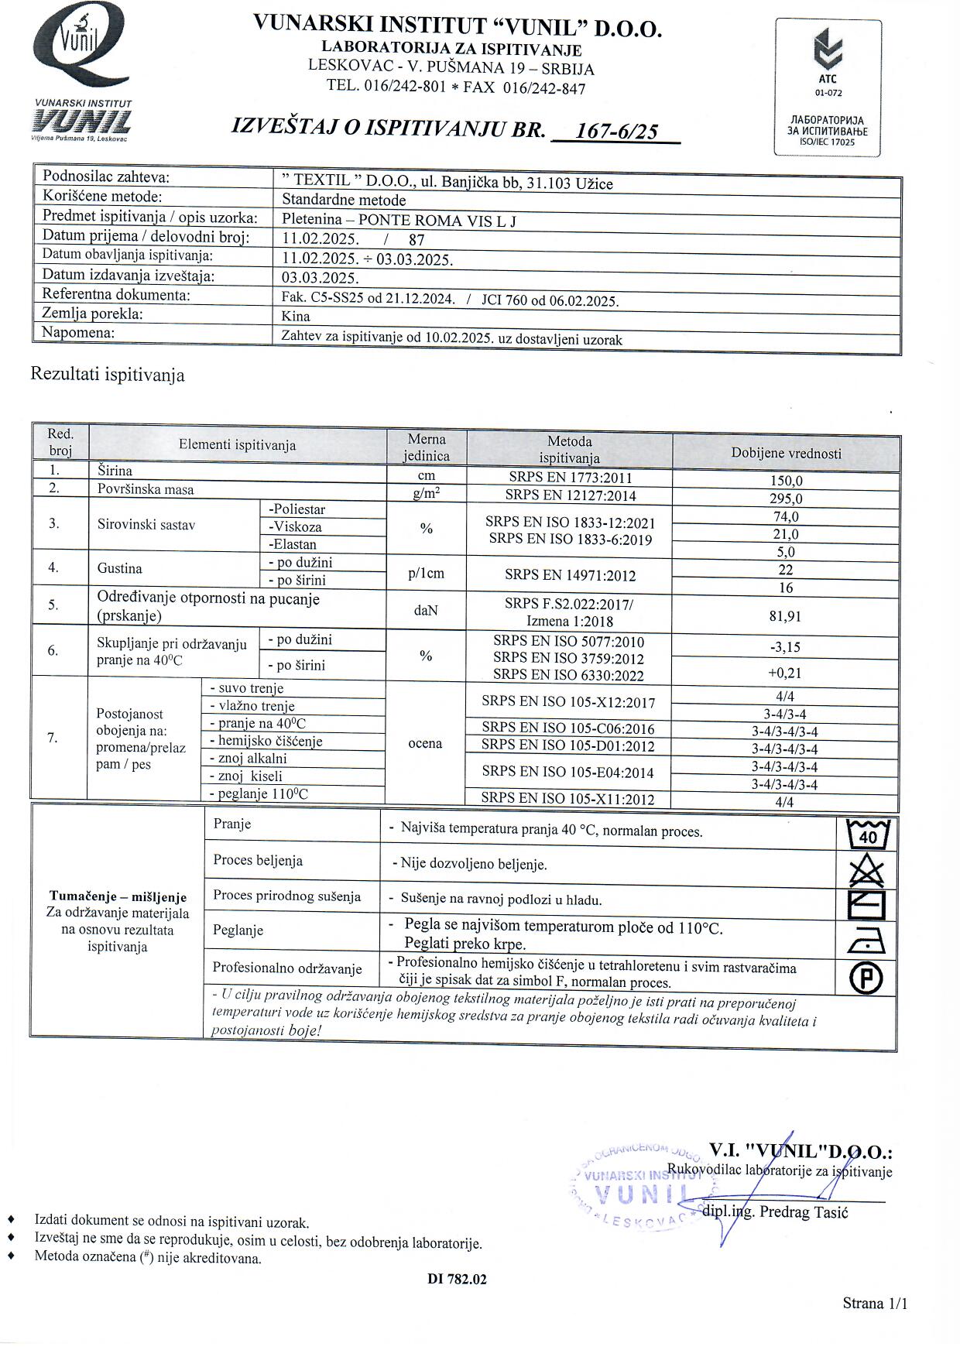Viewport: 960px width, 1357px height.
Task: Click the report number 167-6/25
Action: (x=617, y=131)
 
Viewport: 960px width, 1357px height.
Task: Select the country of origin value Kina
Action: (x=296, y=316)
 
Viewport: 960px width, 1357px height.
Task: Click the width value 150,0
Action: (x=786, y=481)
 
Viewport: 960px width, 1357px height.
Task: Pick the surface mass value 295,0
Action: (x=786, y=499)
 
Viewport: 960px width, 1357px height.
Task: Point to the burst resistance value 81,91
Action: (x=786, y=616)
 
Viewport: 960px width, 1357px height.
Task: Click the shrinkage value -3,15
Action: (x=786, y=647)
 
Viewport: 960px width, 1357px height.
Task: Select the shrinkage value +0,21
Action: (x=786, y=673)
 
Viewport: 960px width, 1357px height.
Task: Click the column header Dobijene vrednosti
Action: (x=786, y=454)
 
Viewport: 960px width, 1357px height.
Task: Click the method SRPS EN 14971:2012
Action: (x=570, y=575)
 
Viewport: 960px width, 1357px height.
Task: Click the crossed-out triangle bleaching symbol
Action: (x=867, y=870)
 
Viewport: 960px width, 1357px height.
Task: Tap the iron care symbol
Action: (x=867, y=942)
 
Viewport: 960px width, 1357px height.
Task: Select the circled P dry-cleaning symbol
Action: (x=867, y=978)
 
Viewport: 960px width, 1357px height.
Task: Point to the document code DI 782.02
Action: (x=457, y=1280)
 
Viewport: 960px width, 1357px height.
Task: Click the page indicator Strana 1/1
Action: (x=875, y=1304)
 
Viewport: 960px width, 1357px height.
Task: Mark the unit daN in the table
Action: (x=426, y=611)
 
